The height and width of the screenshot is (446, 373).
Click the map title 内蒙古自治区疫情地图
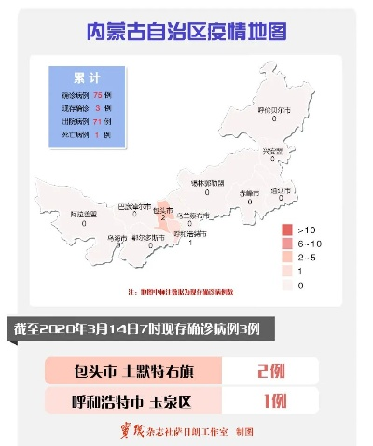(186, 32)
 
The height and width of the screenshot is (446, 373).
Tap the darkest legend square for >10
(287, 229)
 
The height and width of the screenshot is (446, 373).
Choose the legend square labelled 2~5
(287, 256)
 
